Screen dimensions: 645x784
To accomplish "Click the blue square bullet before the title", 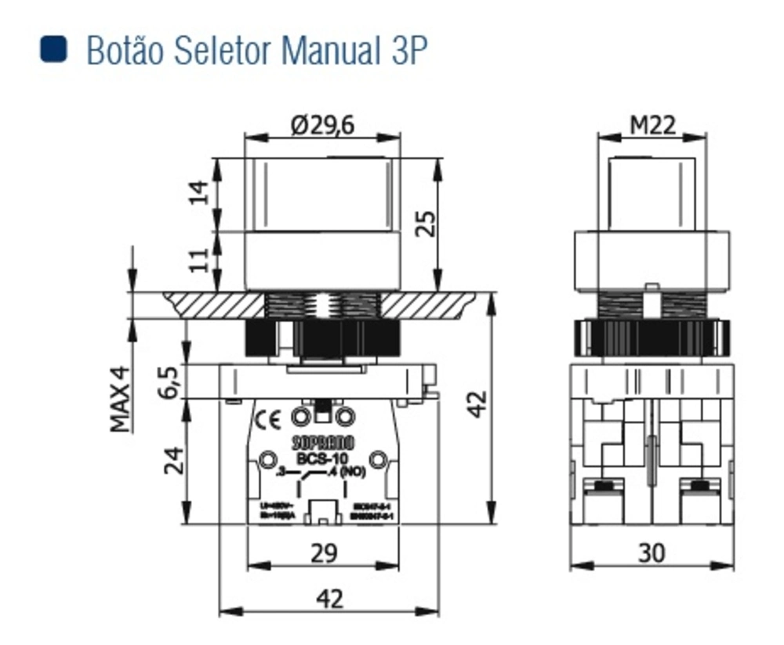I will pos(55,49).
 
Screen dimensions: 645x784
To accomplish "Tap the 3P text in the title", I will pos(408,50).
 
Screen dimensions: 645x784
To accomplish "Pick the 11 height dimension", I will pos(200,259).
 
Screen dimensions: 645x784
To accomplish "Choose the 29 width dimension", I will pos(323,553).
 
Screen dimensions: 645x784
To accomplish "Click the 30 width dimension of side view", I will pos(651,553).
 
